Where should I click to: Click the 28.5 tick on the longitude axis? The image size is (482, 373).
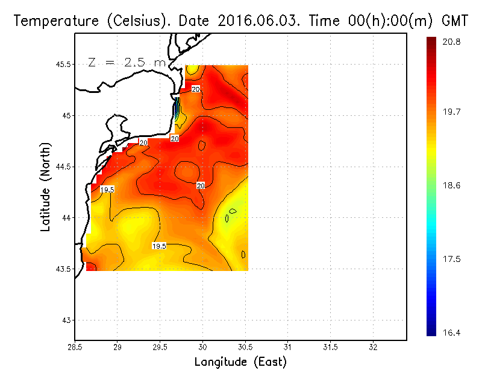tap(75, 348)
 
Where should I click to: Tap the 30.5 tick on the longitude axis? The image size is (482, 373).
tap(245, 348)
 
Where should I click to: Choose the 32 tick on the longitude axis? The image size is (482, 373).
tap(373, 348)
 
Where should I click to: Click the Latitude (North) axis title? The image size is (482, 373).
tap(46, 187)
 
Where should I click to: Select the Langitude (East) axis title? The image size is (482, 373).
tap(240, 362)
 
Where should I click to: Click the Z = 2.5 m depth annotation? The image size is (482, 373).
tap(127, 62)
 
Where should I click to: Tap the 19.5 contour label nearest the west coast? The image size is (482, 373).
tap(107, 190)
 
